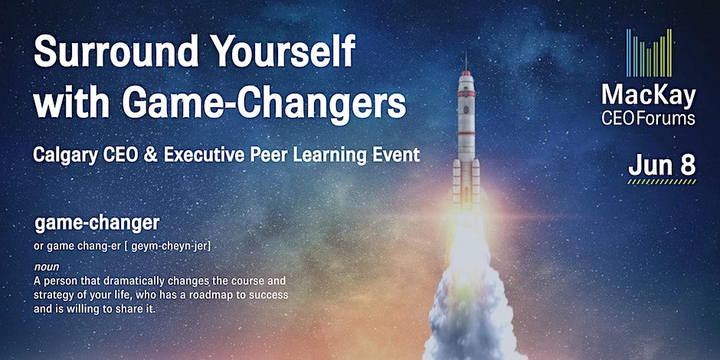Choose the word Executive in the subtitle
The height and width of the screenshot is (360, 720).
point(204,155)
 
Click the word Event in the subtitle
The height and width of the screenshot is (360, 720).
point(395,155)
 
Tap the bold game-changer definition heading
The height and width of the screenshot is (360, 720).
point(97,224)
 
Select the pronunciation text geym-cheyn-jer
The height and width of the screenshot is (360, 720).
point(170,247)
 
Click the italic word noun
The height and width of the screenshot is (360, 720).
point(47,267)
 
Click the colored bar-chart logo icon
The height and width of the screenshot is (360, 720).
point(649,53)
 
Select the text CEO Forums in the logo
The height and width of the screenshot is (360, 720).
point(648,118)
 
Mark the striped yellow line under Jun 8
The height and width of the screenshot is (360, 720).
point(662,182)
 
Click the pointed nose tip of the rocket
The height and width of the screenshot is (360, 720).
point(466,54)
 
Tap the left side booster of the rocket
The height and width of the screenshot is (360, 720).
point(457,182)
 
